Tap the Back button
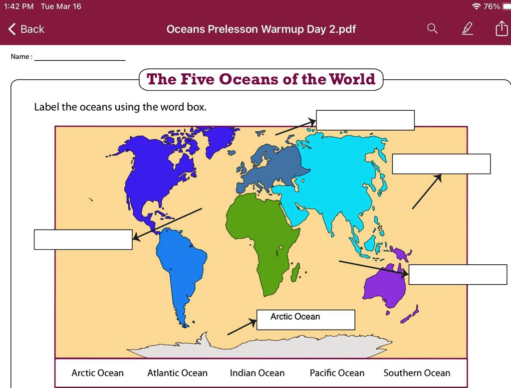[27, 29]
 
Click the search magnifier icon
[432, 29]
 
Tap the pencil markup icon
[467, 29]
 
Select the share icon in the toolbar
[501, 29]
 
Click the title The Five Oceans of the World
[260, 80]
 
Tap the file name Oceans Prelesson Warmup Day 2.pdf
[261, 29]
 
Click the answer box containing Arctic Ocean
[305, 320]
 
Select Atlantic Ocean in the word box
[177, 373]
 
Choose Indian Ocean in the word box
[257, 373]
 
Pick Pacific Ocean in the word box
[337, 373]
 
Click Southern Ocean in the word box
[417, 373]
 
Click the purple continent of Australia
[384, 287]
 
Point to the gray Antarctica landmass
[259, 347]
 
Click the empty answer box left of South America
[83, 239]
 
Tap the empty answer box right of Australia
[458, 275]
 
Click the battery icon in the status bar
[506, 6]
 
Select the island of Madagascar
[295, 272]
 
